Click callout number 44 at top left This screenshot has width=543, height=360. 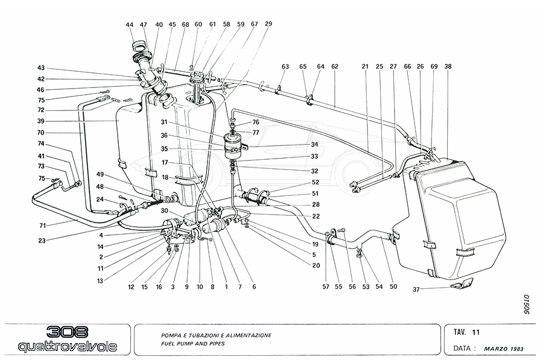(x=130, y=25)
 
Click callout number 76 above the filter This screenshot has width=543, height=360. (x=256, y=122)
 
